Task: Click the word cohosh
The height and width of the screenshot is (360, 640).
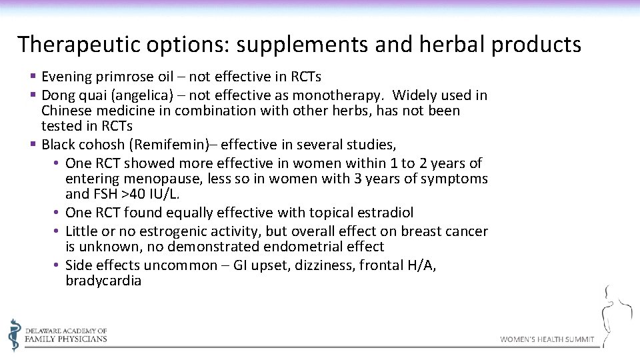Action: point(98,145)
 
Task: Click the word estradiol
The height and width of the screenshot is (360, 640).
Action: point(383,213)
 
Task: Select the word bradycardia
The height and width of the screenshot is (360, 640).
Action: point(103,281)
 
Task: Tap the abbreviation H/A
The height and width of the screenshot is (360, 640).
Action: point(421,265)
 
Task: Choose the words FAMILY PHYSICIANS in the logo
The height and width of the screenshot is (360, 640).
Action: point(66,339)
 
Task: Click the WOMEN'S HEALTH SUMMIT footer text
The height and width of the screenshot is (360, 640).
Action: point(547,339)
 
